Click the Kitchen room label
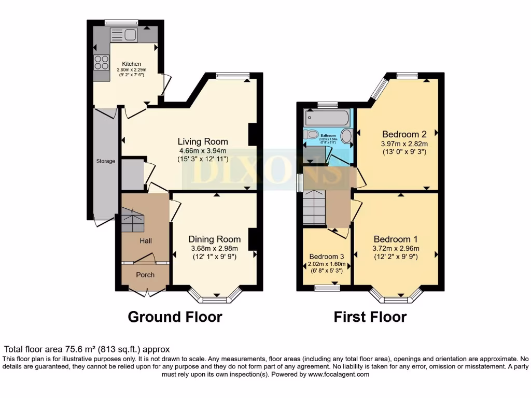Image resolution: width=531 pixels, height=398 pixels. point(132,64)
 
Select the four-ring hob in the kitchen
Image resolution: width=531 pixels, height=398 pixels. point(101,63)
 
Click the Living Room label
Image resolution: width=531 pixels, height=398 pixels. point(203,141)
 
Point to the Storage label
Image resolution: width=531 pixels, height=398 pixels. point(105,161)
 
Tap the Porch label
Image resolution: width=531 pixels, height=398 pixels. point(145,275)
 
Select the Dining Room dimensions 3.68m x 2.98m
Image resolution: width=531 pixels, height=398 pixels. point(214,248)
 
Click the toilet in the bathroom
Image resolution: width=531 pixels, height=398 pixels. point(312,135)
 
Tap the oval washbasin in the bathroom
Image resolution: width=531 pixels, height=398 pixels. point(346,136)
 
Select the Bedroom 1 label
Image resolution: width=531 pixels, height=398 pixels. point(396,239)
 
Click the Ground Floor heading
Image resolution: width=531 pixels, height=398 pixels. point(175,317)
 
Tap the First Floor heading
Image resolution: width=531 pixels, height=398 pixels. point(370,317)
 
